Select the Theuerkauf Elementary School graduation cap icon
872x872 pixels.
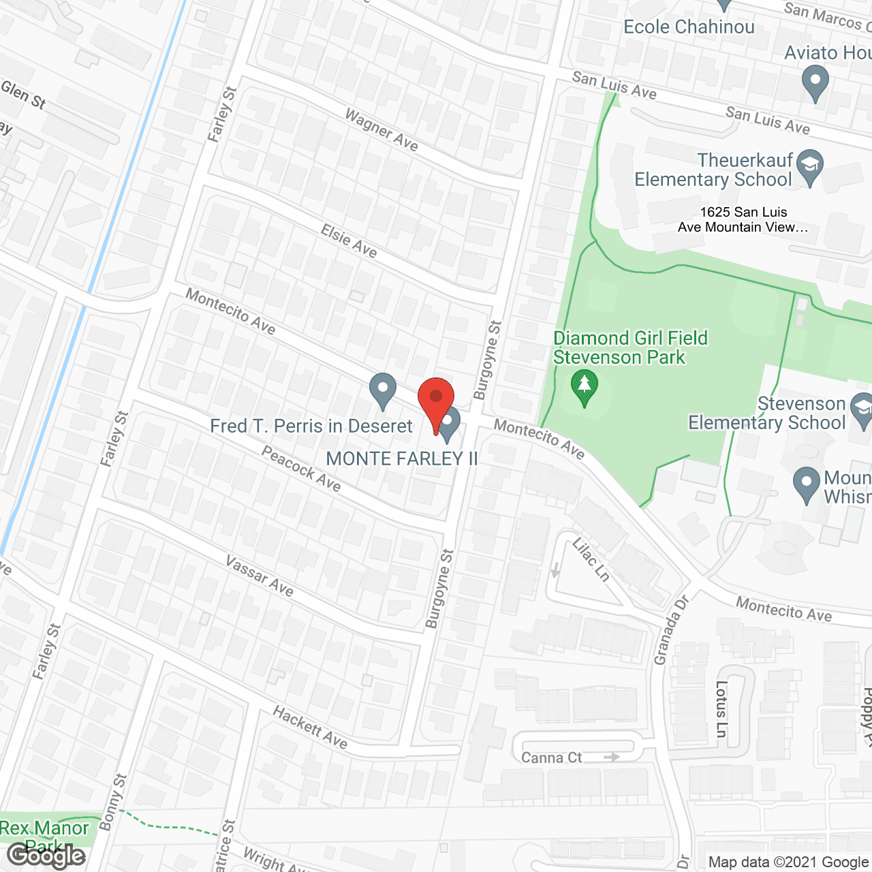809,166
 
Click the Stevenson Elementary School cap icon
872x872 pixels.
862,410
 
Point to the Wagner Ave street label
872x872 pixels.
381,129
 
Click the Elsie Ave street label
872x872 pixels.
349,241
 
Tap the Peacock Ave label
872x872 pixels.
301,468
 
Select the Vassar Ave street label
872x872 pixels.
260,576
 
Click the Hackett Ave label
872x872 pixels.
310,727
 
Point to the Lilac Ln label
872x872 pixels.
591,559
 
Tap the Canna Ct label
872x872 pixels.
551,758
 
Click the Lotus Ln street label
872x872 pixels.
721,708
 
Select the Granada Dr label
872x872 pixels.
671,629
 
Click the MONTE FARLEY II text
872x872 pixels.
402,458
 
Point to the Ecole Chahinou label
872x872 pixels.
689,27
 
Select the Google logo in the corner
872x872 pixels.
46,856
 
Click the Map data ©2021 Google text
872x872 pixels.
789,862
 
